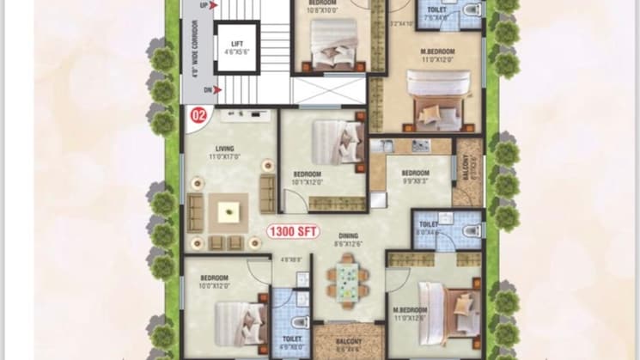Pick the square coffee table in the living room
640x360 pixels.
pos(229,208)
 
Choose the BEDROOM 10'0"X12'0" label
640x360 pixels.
pos(213,282)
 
